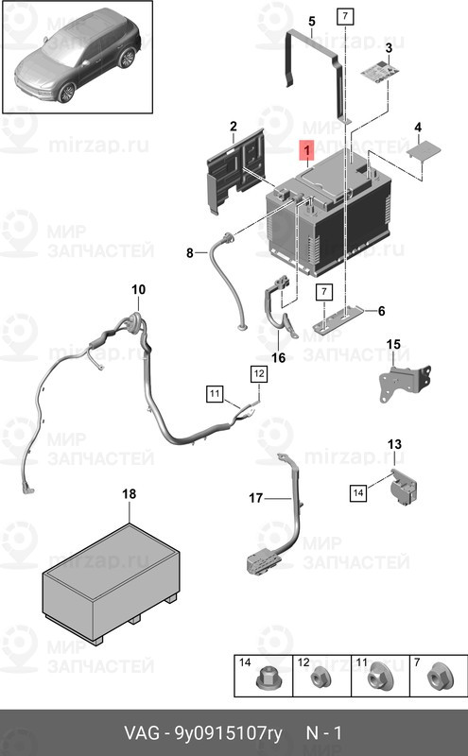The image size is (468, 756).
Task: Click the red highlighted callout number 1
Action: point(307,150)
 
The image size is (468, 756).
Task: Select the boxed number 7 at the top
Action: point(345,16)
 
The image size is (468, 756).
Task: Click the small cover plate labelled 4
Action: point(425,148)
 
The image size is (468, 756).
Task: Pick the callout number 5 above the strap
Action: point(312,21)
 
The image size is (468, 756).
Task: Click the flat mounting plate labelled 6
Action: point(339,318)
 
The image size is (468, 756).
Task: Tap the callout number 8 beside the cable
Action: point(190,252)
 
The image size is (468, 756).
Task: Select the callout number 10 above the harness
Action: point(138,289)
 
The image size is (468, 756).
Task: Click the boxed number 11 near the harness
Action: point(215,394)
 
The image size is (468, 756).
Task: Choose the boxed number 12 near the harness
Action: point(259,373)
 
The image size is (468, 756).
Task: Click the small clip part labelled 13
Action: point(404,487)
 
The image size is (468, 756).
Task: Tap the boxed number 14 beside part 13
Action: point(358,492)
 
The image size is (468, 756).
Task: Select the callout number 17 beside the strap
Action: point(255,498)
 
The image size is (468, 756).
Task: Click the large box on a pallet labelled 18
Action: point(111,583)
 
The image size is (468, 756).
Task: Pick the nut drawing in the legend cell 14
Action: point(265,679)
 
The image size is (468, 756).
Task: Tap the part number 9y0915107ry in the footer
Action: point(228,733)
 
